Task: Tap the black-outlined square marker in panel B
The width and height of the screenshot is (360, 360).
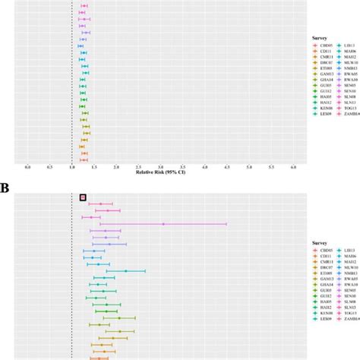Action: pos(83,197)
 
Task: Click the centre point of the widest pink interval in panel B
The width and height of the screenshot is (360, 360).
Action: pos(163,223)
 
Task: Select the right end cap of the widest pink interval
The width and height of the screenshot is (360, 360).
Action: pos(226,223)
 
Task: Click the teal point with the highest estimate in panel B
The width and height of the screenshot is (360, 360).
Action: pos(126,271)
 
